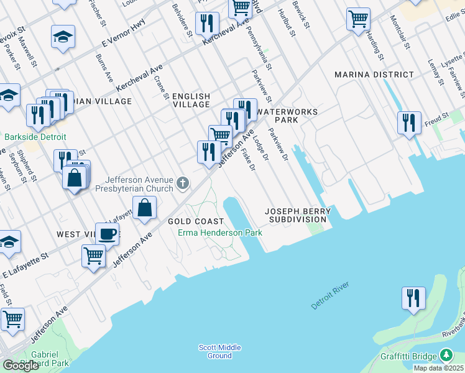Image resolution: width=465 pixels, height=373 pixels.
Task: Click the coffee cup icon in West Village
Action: click(x=107, y=234)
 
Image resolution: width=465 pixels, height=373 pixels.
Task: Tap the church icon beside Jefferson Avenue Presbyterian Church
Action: click(x=183, y=183)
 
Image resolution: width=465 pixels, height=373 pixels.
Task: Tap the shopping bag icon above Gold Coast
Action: click(x=144, y=208)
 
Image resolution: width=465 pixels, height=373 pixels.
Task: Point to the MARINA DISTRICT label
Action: click(x=374, y=75)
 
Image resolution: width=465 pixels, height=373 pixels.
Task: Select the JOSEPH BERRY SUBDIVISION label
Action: click(x=298, y=216)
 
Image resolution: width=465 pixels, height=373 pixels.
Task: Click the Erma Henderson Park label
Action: click(x=220, y=233)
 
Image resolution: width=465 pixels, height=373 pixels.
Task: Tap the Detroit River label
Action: click(x=331, y=296)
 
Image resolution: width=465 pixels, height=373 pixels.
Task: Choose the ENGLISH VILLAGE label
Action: click(x=191, y=100)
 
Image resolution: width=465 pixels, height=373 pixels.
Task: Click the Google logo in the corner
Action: click(x=21, y=366)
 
